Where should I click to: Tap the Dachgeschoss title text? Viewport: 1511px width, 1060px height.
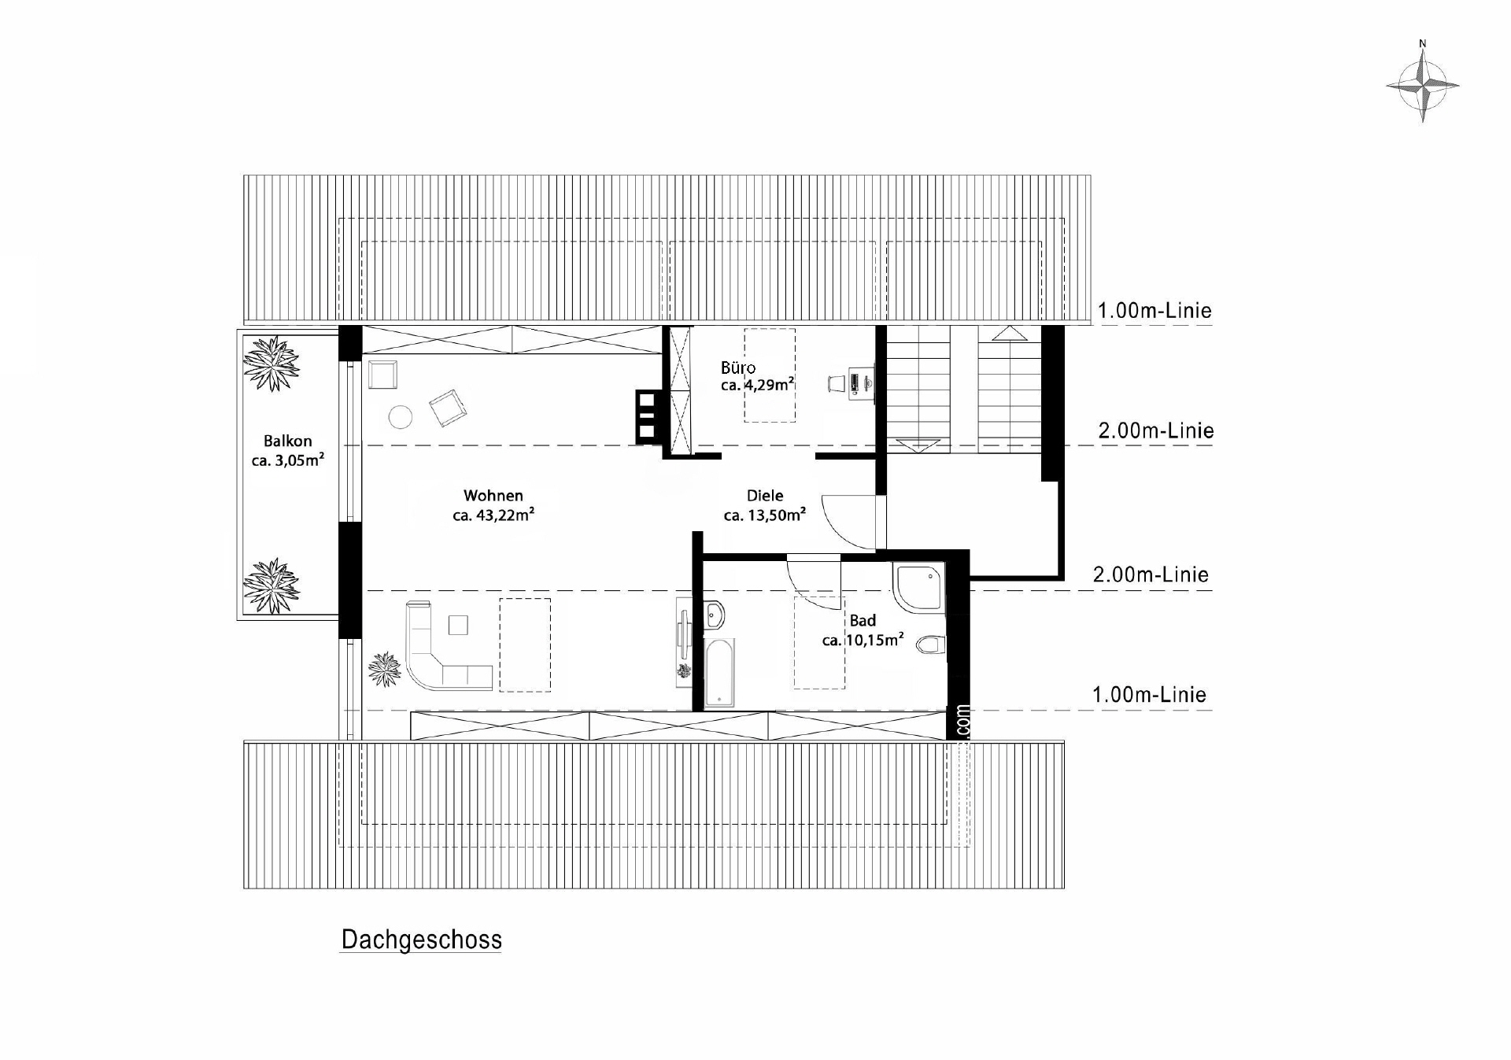tap(421, 940)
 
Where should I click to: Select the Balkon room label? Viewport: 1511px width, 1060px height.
tap(287, 441)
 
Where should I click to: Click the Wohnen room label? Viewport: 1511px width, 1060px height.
tap(493, 496)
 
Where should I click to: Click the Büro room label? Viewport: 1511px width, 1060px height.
tap(738, 367)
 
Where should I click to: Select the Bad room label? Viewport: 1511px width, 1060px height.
tap(863, 621)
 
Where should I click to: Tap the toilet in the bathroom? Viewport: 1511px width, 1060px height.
tap(931, 644)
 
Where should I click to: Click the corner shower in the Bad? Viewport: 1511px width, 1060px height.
tap(918, 587)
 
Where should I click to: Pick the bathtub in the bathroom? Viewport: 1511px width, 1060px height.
tap(720, 673)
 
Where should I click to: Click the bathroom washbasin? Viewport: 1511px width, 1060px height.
tap(715, 615)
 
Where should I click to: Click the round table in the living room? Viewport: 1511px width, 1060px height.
tap(401, 416)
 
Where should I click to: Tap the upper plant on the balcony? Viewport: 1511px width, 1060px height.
tap(272, 364)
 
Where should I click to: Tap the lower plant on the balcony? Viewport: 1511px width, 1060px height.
tap(272, 585)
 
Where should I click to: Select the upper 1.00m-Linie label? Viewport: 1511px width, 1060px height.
tap(1154, 310)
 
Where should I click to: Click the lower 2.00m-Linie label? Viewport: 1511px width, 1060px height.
tap(1151, 574)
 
